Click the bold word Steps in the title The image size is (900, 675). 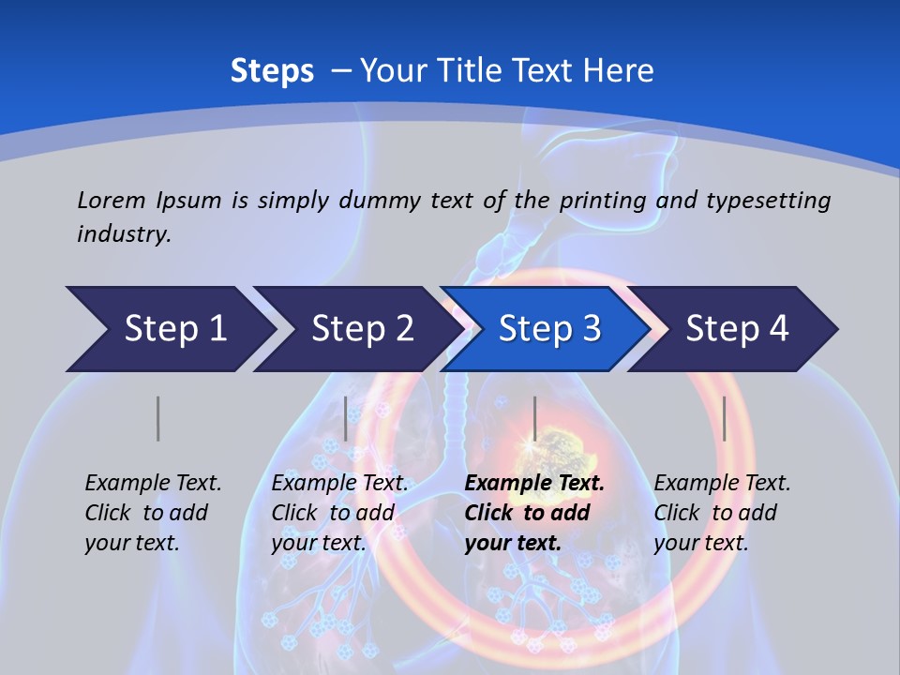coord(272,71)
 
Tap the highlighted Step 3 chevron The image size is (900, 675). coord(549,329)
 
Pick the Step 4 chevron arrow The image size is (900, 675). coord(737,329)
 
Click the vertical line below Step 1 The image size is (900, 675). coord(157,418)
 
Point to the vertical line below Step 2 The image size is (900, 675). coord(346,418)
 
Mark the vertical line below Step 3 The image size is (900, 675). coord(534,418)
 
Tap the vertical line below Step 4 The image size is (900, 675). coord(724,418)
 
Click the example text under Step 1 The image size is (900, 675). coord(153,513)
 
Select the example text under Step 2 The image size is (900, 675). coord(339,513)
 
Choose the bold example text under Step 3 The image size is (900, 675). coord(534,513)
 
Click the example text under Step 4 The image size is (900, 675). coord(722,513)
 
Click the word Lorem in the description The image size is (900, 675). coord(111,200)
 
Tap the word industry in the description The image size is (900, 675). coord(124,233)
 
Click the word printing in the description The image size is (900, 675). coord(601,201)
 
